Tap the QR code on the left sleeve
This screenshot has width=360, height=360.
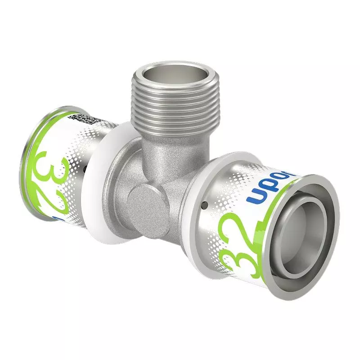coord(83,119)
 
